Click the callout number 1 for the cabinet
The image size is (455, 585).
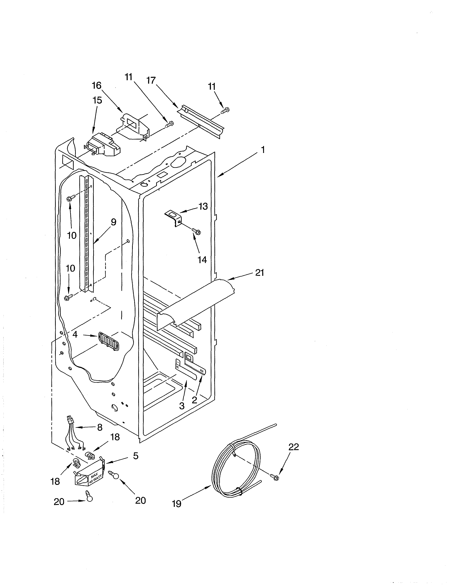[263, 150]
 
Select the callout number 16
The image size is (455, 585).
[97, 85]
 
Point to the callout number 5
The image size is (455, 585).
[136, 456]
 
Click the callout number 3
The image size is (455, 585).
[182, 406]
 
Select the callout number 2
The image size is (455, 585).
[194, 400]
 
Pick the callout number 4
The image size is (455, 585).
[75, 334]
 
